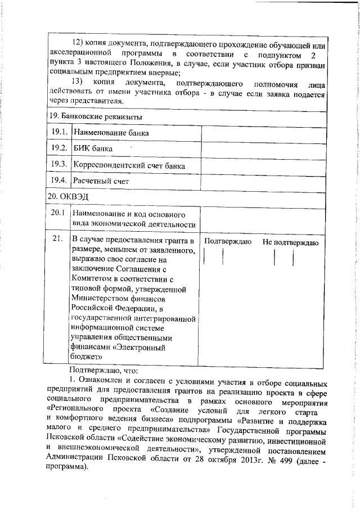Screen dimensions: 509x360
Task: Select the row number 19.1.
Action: click(59, 132)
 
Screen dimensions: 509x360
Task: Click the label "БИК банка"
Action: click(93, 149)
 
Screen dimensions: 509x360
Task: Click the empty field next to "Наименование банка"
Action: click(263, 133)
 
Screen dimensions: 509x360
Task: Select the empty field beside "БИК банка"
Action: click(263, 149)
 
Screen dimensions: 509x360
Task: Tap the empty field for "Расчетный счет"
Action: click(263, 181)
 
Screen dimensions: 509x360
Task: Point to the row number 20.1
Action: click(59, 214)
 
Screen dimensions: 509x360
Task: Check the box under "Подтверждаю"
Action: click(214, 257)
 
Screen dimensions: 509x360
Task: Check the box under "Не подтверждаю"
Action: click(284, 257)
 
